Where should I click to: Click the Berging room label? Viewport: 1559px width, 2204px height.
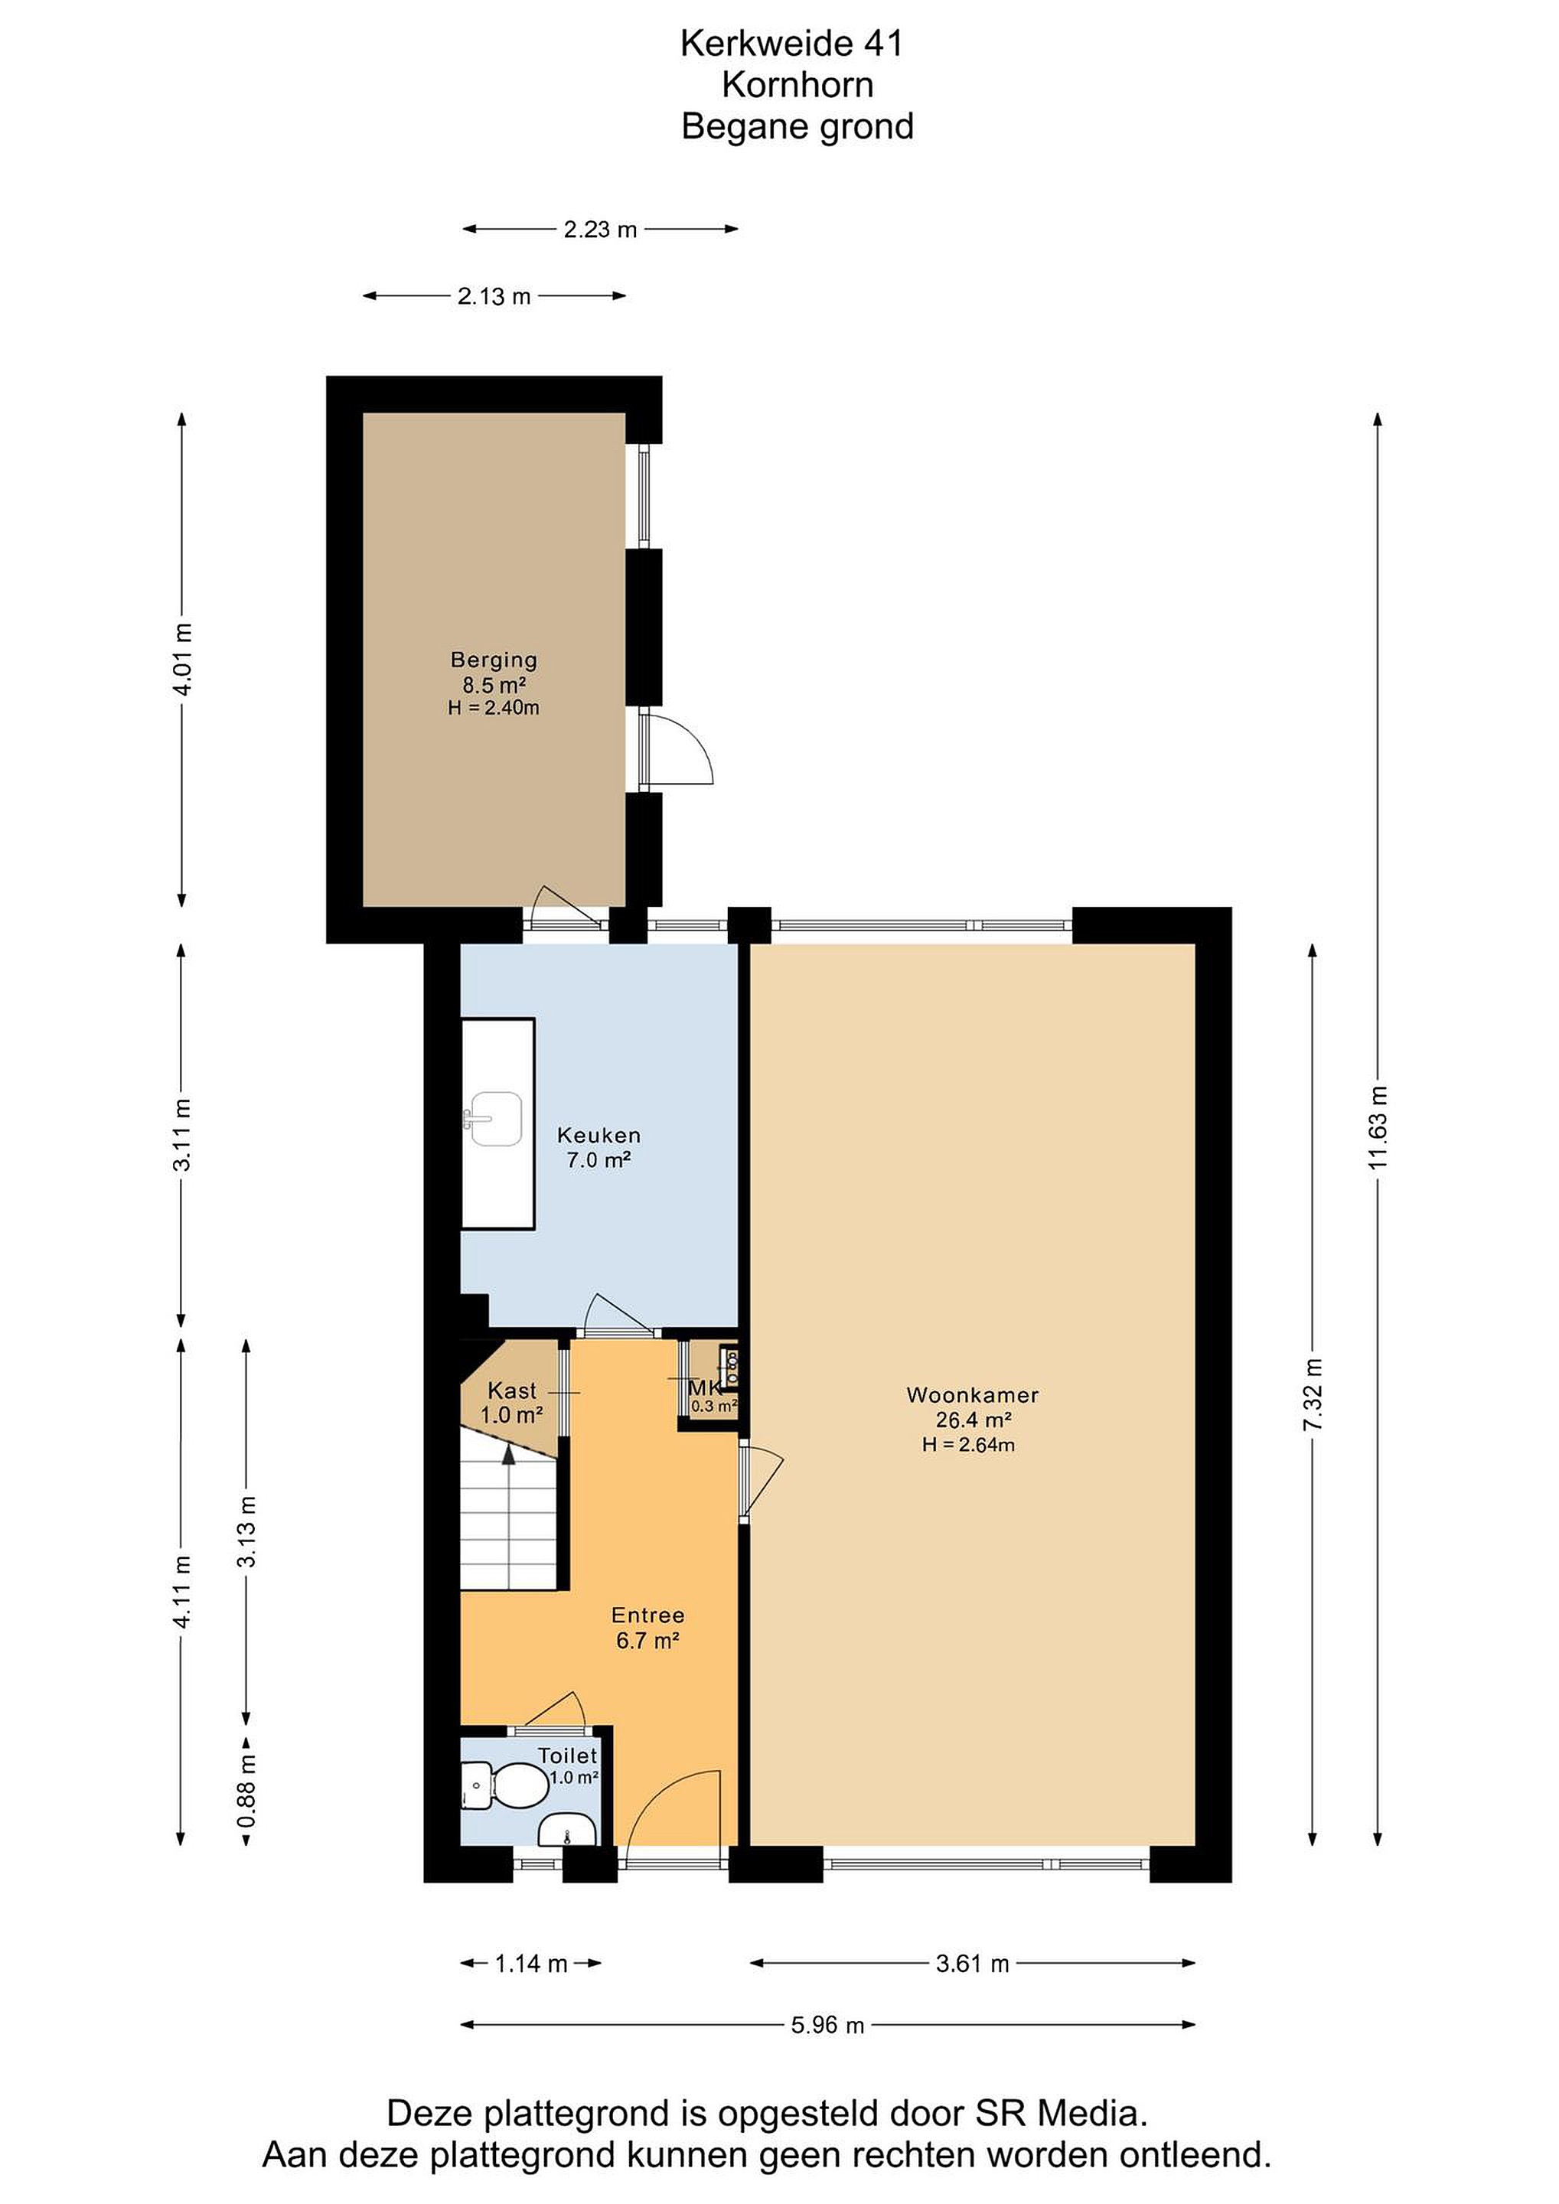[494, 660]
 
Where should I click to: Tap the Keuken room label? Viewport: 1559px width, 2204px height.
[599, 1135]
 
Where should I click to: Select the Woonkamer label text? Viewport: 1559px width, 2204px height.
[973, 1395]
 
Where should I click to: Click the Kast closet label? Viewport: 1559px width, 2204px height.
[512, 1390]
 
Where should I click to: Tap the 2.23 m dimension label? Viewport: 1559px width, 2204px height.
[600, 230]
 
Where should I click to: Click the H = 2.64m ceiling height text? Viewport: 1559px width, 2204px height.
[967, 1445]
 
